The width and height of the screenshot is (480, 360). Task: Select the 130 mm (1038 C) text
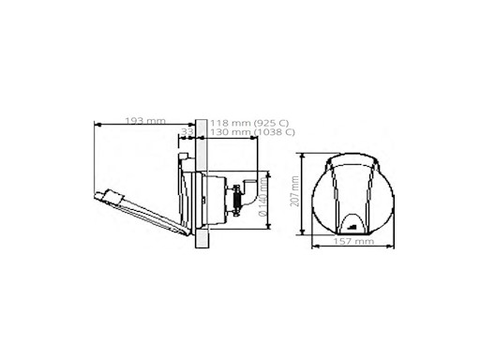tap(248, 133)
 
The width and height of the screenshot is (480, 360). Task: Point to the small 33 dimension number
tap(187, 133)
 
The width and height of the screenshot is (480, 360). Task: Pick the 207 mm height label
tap(294, 193)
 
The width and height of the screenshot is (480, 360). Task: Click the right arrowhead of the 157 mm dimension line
tap(398, 247)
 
